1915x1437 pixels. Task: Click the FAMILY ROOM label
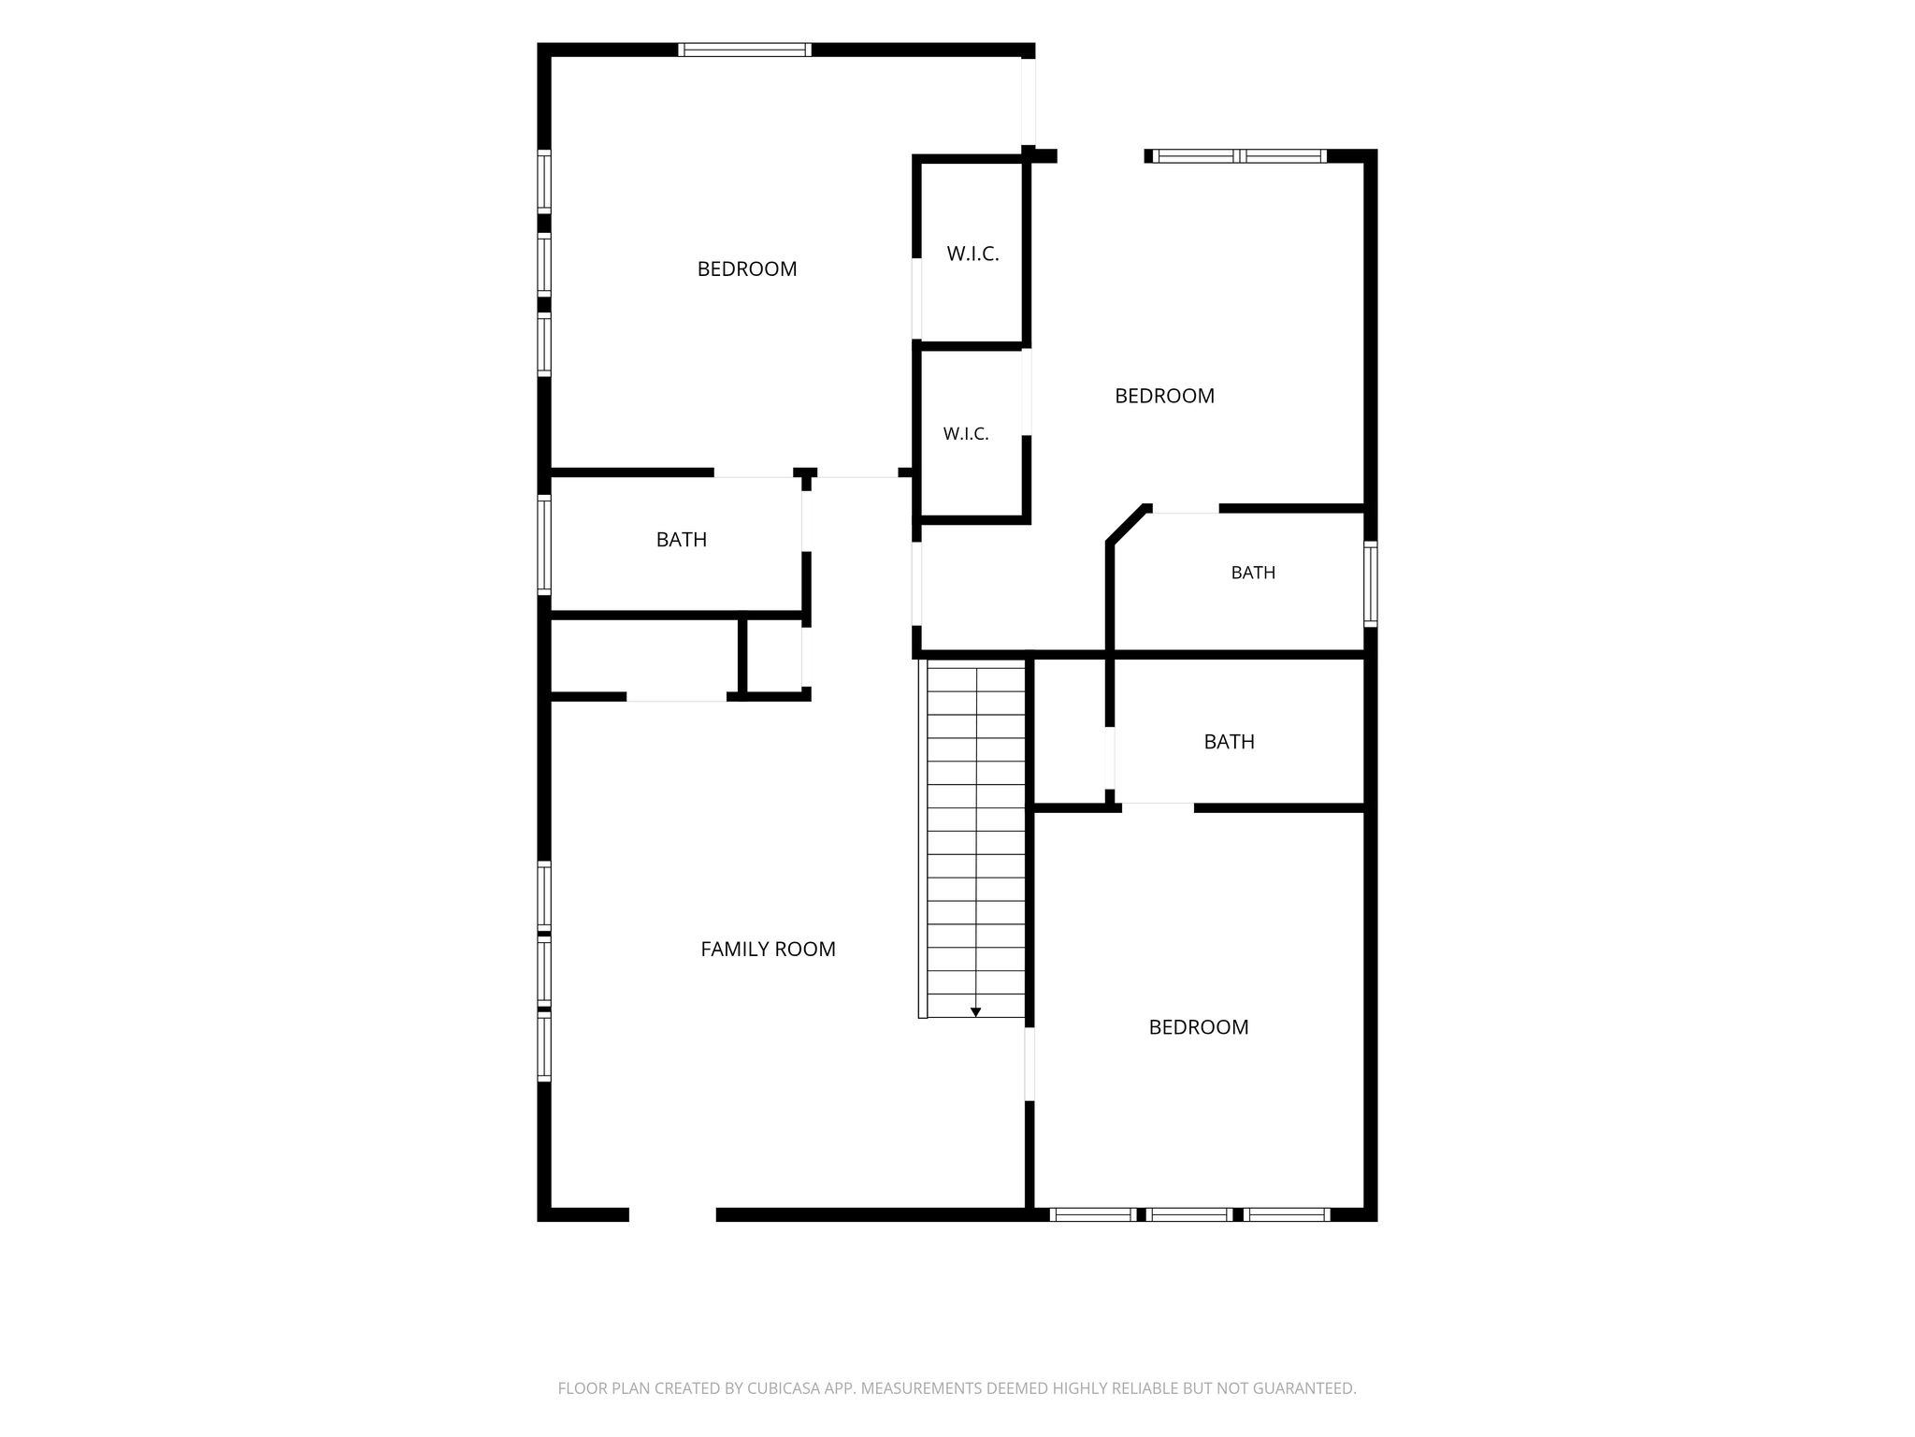[x=768, y=949]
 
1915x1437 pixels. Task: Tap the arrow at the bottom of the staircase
[x=975, y=1011]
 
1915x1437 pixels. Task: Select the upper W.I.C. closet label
[x=972, y=254]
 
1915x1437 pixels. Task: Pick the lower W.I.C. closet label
[x=966, y=434]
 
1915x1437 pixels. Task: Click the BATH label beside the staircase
[x=1229, y=742]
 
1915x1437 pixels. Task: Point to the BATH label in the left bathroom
[x=682, y=540]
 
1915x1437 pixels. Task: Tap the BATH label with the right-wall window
[x=1253, y=573]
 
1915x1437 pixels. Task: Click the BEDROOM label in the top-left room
[x=747, y=269]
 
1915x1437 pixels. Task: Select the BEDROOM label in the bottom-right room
[x=1199, y=1027]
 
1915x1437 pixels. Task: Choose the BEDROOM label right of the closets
[x=1164, y=396]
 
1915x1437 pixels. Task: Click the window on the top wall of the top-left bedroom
[x=744, y=50]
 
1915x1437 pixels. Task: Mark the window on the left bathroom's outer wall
[x=544, y=544]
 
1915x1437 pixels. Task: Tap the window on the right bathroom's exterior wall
[x=1371, y=584]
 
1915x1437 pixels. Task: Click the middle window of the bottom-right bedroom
[x=1188, y=1214]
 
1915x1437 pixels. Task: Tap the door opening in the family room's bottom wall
[x=672, y=1214]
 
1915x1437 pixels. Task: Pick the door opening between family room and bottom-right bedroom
[x=1029, y=1065]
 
